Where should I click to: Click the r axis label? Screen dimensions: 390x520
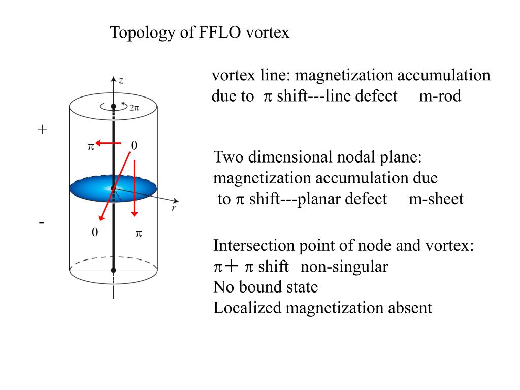tap(174, 208)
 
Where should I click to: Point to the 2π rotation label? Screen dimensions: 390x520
tap(135, 108)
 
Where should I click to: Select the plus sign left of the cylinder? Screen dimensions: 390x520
tap(42, 130)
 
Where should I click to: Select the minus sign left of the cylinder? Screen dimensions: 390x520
tap(42, 222)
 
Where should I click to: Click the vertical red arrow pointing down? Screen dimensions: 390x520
tap(134, 188)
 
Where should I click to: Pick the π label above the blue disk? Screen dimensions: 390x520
tap(91, 146)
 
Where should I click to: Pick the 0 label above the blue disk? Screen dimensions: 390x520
tap(134, 146)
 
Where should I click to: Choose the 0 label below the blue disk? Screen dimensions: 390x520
tap(94, 233)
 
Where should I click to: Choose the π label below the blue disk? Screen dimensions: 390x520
tap(138, 233)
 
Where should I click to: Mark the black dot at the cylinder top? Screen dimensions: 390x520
tap(114, 107)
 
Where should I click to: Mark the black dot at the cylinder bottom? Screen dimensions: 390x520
tap(114, 270)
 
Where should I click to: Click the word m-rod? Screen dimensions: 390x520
tap(440, 96)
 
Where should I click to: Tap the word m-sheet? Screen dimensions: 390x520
tap(436, 199)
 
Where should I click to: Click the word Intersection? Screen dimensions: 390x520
tap(247, 246)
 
